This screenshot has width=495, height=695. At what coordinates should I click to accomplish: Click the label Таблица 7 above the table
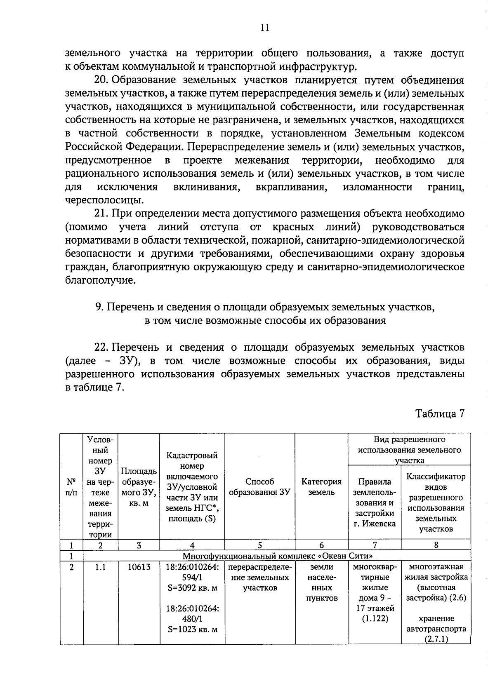click(440, 413)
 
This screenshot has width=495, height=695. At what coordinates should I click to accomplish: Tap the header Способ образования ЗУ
click(259, 487)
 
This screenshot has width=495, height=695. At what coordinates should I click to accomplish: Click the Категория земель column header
click(321, 487)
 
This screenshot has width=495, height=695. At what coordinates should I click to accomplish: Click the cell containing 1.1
click(100, 567)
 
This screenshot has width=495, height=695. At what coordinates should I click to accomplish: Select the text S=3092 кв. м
click(192, 588)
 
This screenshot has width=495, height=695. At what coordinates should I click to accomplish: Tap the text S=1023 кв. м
click(192, 629)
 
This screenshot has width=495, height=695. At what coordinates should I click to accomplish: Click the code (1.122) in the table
click(375, 619)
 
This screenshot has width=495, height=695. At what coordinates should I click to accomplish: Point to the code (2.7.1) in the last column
click(436, 639)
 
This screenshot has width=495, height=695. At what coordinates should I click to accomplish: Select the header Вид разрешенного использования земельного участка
click(409, 450)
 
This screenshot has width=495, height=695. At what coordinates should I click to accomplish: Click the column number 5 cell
click(259, 545)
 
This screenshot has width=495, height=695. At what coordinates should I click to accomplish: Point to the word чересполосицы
click(104, 200)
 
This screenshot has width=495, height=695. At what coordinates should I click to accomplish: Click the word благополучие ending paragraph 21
click(100, 281)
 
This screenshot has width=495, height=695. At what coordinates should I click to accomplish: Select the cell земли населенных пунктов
click(321, 582)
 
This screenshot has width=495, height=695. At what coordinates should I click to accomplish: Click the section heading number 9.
click(99, 307)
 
